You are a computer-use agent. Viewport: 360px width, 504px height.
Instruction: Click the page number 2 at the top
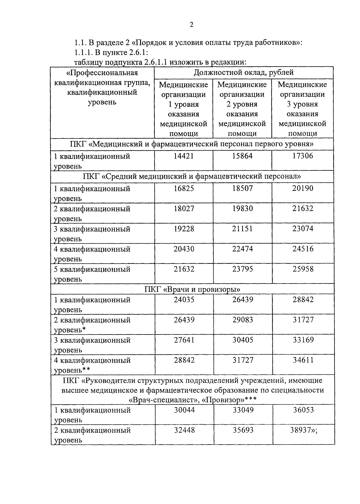click(191, 25)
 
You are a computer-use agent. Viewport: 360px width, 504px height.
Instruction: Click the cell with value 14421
click(184, 156)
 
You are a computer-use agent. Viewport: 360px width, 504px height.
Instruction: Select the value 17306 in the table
click(302, 156)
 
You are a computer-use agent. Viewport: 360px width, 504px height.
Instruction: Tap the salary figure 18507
click(242, 188)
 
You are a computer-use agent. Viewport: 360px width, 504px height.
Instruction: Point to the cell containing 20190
click(302, 188)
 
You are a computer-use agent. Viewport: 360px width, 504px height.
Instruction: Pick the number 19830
click(242, 208)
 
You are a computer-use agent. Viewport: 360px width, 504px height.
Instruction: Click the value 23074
click(303, 229)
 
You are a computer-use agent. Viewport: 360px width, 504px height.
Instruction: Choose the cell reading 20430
click(184, 249)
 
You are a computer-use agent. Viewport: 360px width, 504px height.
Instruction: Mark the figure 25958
click(303, 269)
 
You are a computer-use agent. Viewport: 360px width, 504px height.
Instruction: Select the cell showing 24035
click(184, 299)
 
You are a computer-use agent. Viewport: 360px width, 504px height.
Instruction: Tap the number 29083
click(242, 320)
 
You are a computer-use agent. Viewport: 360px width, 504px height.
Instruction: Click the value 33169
click(303, 340)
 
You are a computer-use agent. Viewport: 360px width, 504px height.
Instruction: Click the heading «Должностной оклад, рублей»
click(243, 72)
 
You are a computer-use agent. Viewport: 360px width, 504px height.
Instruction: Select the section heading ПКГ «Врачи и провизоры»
click(192, 289)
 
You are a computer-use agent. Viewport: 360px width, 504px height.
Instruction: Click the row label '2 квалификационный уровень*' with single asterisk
click(92, 325)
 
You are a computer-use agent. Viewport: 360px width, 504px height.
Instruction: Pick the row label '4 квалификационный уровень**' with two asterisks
click(92, 365)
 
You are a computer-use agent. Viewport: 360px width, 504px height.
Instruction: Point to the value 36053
click(303, 410)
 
